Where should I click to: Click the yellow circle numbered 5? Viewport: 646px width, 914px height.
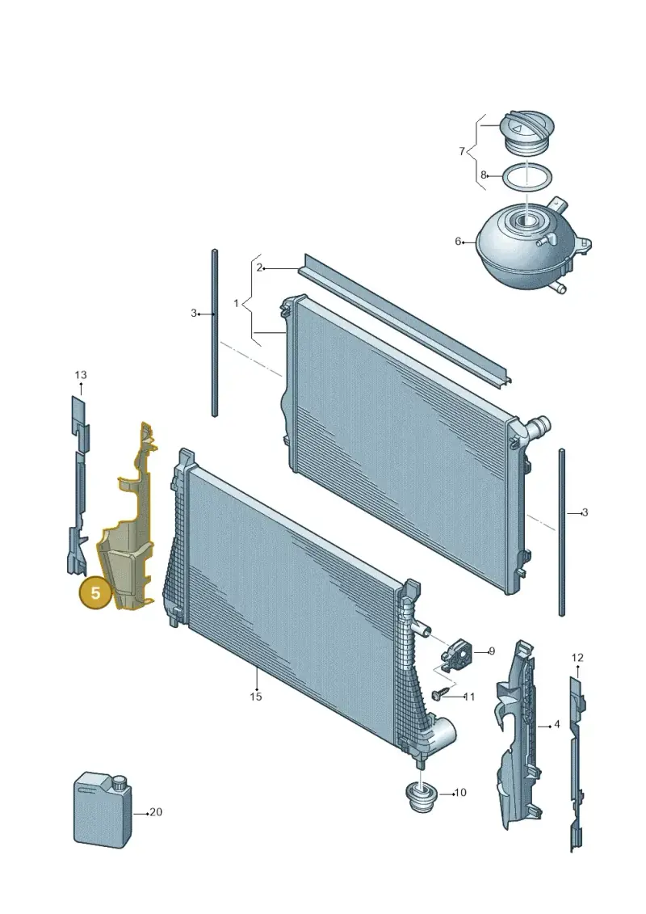(95, 593)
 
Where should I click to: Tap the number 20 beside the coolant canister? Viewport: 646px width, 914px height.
(156, 812)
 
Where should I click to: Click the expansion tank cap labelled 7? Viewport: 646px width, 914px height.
(526, 133)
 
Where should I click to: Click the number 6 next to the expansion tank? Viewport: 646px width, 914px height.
(458, 242)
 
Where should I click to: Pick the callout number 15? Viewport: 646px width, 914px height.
(256, 696)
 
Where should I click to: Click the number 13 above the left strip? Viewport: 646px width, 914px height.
(81, 375)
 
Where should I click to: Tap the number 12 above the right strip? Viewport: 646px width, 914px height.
(577, 658)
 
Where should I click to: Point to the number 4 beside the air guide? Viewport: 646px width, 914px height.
(557, 724)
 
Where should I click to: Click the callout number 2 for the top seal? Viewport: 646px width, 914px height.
(259, 268)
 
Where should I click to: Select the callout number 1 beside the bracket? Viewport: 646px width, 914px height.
(236, 303)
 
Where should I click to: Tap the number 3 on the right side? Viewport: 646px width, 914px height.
(585, 512)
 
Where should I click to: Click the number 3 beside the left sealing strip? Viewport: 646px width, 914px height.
(194, 313)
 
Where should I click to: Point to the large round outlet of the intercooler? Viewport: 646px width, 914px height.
(443, 732)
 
